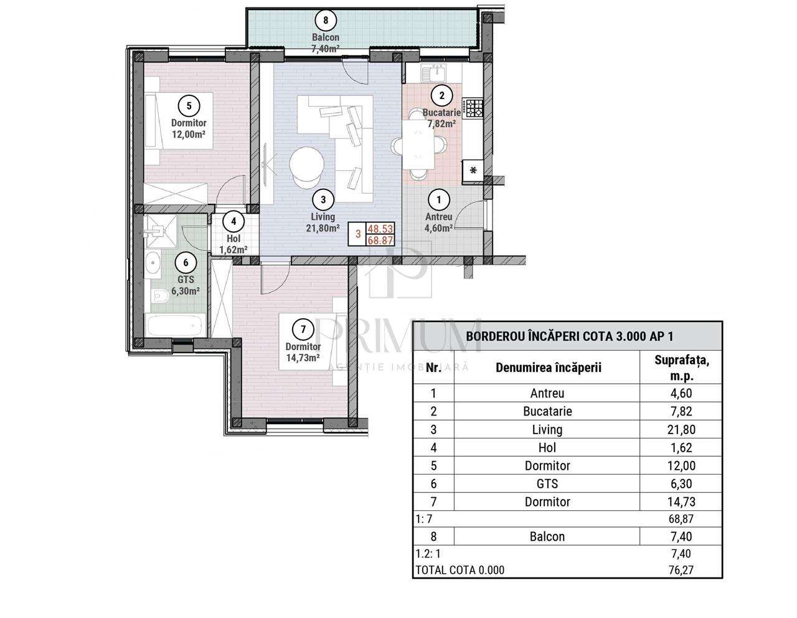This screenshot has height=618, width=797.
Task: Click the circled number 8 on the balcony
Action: [x=326, y=20]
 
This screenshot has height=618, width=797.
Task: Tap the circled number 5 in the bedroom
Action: [x=189, y=105]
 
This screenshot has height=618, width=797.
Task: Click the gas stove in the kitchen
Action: [x=473, y=108]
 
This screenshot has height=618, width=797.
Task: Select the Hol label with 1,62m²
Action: [x=233, y=244]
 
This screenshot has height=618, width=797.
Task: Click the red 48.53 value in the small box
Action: [x=380, y=229]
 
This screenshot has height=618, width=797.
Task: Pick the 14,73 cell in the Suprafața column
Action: [x=681, y=502]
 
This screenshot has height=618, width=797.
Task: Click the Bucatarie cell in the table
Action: [x=547, y=411]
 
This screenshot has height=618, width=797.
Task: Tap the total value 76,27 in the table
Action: [x=681, y=569]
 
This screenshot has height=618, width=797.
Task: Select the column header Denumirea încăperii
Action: [x=548, y=367]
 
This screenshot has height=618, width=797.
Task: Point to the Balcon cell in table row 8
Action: [x=547, y=536]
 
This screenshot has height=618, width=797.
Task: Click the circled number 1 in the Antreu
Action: [x=440, y=199]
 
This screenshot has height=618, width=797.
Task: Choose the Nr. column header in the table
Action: [x=433, y=367]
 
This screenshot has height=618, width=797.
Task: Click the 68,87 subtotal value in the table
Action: [x=681, y=518]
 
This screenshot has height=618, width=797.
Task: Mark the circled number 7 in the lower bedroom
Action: [x=303, y=329]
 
